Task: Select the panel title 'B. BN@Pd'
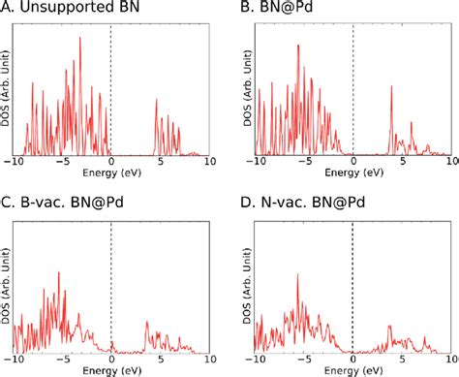(x=276, y=10)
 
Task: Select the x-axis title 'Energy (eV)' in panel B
(x=351, y=175)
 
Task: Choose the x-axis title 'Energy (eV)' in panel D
(x=351, y=370)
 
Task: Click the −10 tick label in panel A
(x=13, y=163)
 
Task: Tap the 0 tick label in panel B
(x=352, y=163)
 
